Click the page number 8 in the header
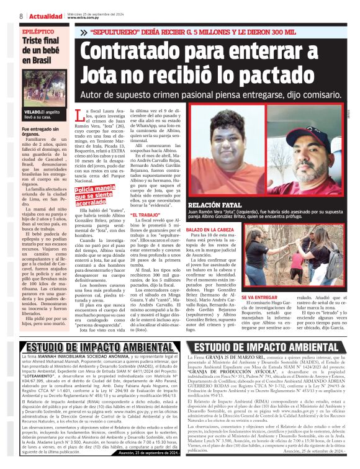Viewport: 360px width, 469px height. coord(21,16)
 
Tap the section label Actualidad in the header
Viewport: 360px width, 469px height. coord(45,16)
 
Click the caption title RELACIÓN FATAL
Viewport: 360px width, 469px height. coord(218,203)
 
